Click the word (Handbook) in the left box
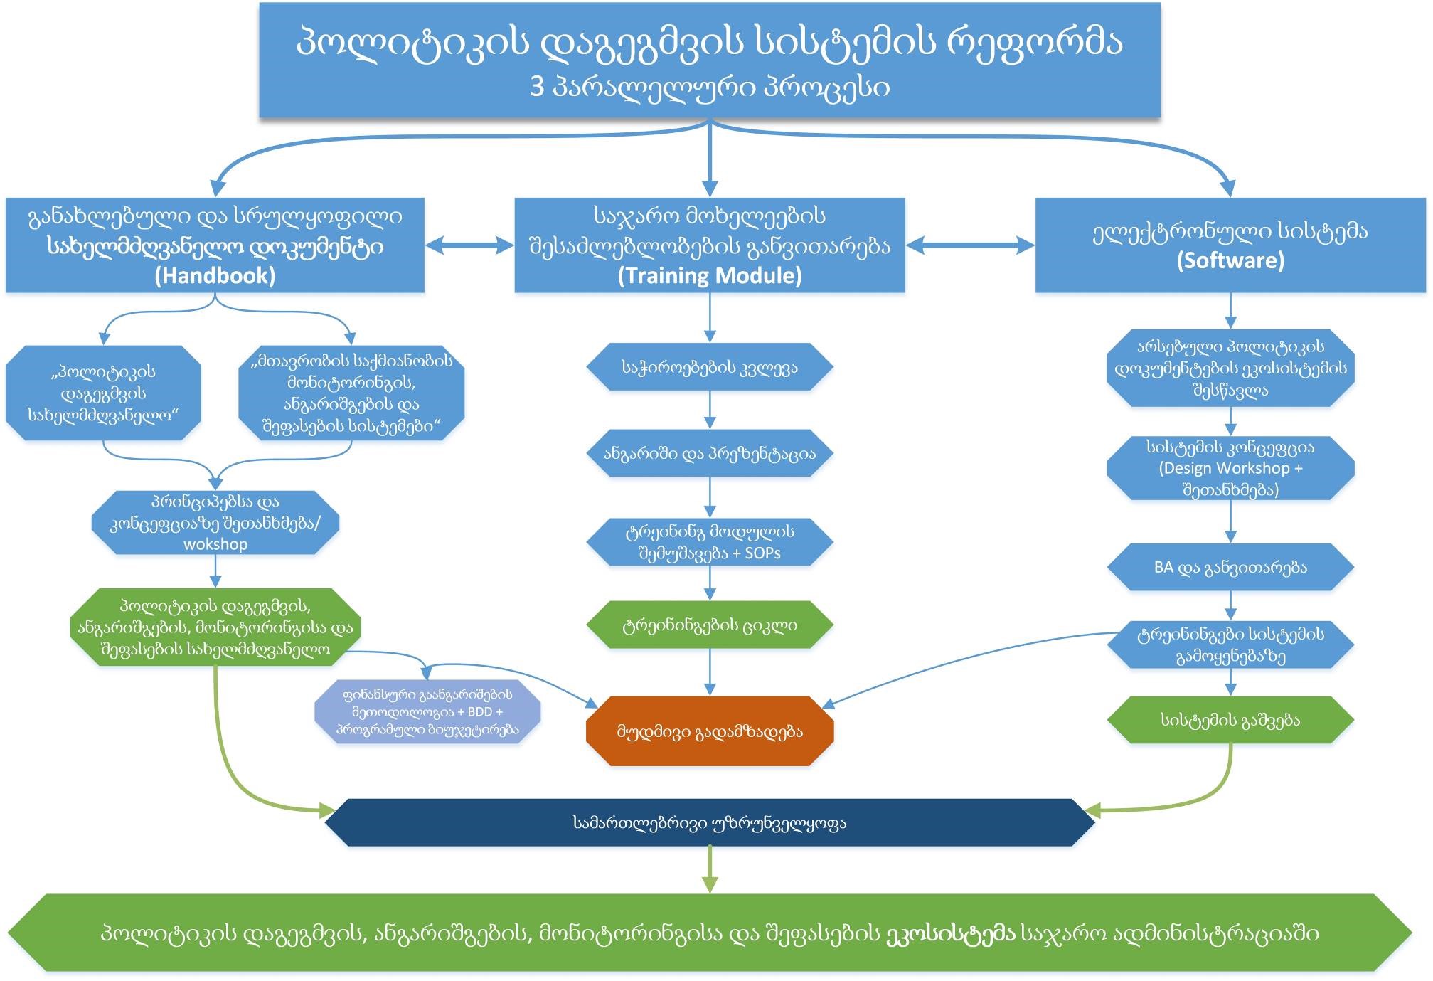[215, 276]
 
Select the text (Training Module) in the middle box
[710, 276]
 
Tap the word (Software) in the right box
[1230, 260]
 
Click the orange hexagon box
[710, 731]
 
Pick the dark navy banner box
[710, 823]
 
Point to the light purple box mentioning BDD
[427, 712]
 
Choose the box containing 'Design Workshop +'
[1230, 468]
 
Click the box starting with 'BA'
[1230, 568]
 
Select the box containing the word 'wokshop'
[215, 523]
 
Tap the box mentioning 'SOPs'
[710, 542]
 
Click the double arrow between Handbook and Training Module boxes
[469, 245]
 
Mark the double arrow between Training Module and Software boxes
[970, 245]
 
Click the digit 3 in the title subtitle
[537, 88]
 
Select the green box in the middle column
[710, 625]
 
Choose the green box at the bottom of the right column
[1230, 720]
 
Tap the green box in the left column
[215, 627]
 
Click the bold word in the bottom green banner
[950, 933]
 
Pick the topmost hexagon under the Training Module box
[710, 368]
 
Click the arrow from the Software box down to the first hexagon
[1230, 311]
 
